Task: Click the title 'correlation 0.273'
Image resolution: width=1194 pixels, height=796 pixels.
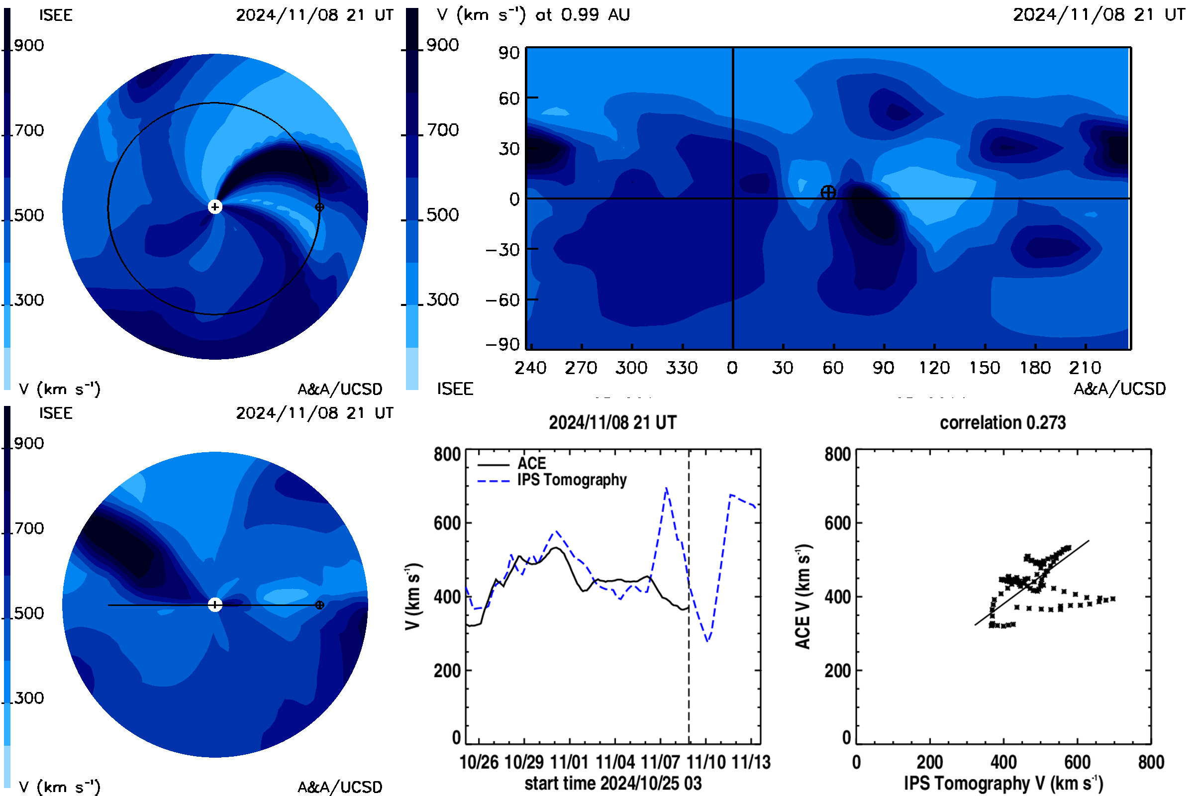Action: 1002,423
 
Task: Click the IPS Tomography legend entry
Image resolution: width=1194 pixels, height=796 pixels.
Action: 552,480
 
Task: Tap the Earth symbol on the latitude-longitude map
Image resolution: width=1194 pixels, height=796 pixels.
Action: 828,193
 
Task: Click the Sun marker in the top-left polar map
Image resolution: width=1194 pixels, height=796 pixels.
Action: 215,207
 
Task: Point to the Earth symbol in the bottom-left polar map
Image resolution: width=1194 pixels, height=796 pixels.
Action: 320,605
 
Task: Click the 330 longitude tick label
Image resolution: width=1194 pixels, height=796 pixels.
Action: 682,368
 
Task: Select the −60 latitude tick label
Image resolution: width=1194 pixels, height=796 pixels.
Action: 502,300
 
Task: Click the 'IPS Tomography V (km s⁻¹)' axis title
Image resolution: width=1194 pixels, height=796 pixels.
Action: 1003,783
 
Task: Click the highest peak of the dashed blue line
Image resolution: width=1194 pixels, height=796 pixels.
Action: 666,488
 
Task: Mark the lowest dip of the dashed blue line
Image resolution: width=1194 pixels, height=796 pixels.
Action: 707,641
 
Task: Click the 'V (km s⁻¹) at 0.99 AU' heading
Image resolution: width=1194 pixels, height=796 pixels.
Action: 533,15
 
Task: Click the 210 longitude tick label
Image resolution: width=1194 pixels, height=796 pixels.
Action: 1085,368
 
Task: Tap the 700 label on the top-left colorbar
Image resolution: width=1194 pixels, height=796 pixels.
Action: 29,130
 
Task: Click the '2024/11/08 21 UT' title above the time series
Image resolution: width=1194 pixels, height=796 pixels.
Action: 613,423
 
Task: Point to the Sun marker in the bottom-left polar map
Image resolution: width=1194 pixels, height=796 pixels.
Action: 215,605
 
